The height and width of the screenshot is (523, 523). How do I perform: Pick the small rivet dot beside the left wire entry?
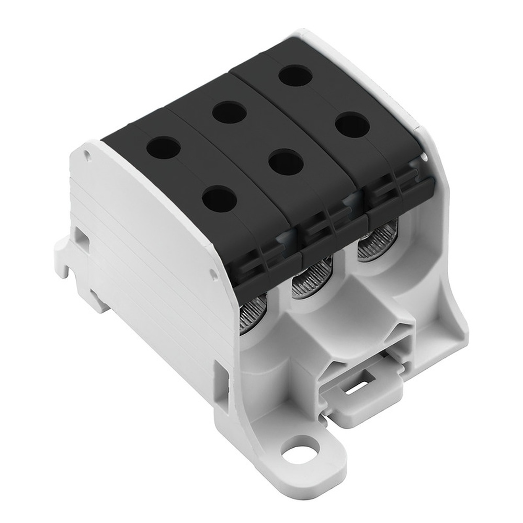212,274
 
